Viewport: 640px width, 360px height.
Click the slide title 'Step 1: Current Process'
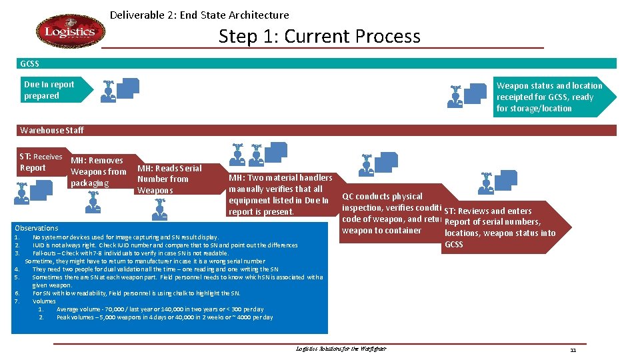point(319,36)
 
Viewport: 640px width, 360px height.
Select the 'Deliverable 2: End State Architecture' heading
point(199,15)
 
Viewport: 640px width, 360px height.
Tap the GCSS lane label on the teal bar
point(30,64)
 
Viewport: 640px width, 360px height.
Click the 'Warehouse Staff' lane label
point(52,130)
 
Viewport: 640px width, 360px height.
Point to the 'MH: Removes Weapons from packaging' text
point(97,172)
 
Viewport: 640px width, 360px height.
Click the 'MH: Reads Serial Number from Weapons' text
point(169,179)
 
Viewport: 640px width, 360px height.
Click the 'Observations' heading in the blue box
point(37,228)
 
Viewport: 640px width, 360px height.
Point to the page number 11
point(573,350)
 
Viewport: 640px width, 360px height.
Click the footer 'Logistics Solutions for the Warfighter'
point(340,349)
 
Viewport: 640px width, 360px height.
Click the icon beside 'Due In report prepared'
point(120,90)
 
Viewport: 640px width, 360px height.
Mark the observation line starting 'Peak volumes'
point(164,317)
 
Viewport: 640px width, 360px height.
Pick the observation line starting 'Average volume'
point(159,309)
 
